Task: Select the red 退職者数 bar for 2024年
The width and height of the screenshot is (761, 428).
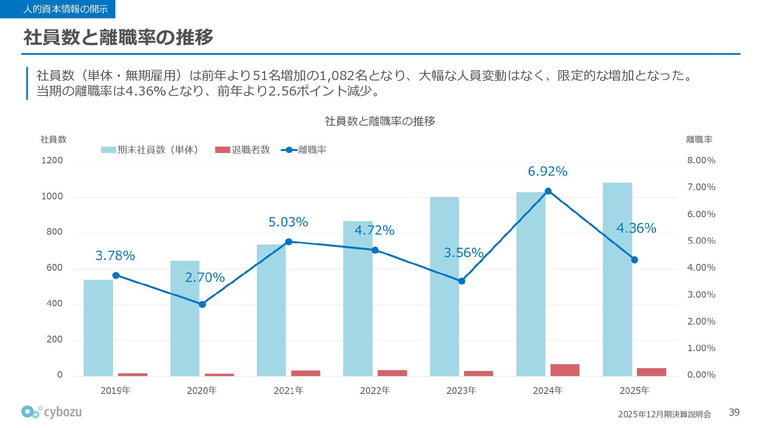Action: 565,370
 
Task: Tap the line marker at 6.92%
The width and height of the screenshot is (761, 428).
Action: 548,191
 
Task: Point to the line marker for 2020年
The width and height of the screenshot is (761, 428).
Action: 202,304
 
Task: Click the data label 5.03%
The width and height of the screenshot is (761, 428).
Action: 288,222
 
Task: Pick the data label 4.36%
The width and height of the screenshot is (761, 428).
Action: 636,228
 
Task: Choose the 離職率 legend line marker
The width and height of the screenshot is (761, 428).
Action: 289,150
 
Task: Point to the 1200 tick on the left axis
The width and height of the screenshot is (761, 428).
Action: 52,160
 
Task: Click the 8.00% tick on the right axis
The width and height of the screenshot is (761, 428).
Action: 701,160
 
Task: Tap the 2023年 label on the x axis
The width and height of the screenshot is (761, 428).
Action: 461,391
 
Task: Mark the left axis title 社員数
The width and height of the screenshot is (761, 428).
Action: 54,139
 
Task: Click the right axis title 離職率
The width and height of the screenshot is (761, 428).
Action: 699,139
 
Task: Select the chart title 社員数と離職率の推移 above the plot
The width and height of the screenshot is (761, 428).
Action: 380,121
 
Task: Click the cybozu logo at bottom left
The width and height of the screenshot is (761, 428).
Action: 52,412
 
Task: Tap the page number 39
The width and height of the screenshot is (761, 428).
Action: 734,413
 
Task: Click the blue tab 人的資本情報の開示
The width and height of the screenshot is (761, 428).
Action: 57,9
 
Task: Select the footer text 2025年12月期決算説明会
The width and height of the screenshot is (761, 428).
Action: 664,415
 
